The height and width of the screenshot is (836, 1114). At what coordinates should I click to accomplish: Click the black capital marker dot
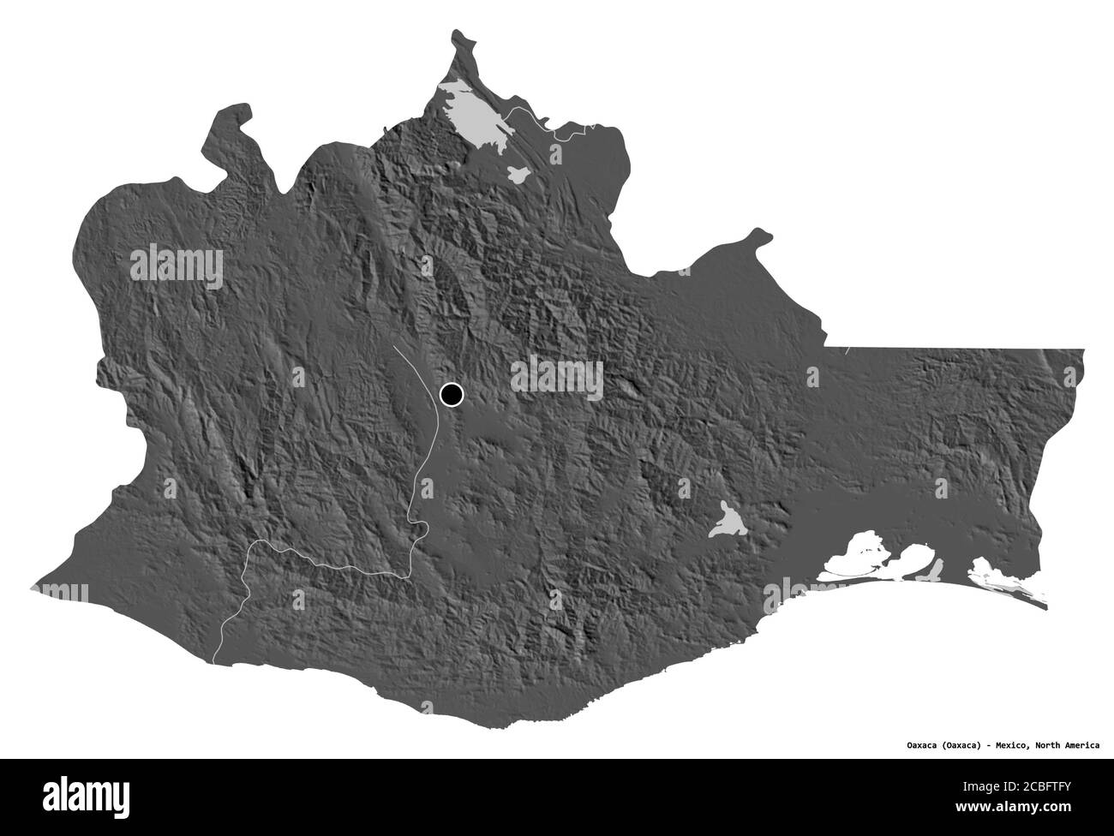(x=451, y=395)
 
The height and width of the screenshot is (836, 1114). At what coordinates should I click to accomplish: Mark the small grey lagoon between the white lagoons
(x=937, y=568)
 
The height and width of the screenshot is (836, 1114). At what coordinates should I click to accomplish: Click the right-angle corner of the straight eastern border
(x=825, y=347)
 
